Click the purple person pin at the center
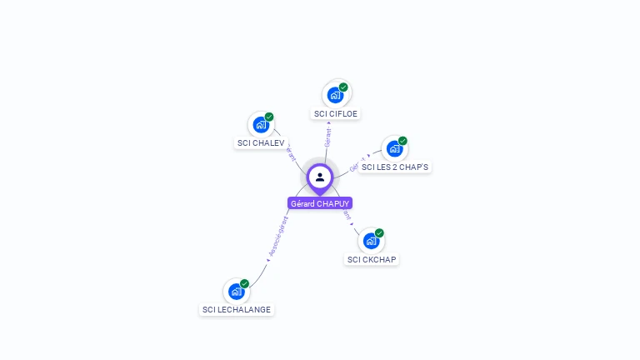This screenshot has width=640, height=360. [x=320, y=177]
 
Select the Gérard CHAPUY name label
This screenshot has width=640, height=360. [x=320, y=203]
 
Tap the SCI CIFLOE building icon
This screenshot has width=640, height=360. [x=335, y=95]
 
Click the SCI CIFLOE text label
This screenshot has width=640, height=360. [x=336, y=113]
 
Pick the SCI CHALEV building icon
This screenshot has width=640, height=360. [x=261, y=125]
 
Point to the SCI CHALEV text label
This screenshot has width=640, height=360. [x=261, y=142]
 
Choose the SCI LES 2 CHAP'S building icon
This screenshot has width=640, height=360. [x=394, y=148]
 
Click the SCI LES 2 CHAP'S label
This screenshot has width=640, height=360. [x=395, y=167]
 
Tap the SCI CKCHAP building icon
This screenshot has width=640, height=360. [x=371, y=241]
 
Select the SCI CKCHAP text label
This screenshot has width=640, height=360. [x=372, y=259]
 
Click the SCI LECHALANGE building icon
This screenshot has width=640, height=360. [x=237, y=292]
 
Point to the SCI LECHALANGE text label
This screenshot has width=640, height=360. [x=237, y=310]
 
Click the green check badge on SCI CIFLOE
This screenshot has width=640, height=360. [x=343, y=87]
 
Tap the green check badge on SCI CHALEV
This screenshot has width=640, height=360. [x=269, y=117]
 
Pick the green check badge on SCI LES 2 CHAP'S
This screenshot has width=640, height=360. [x=402, y=141]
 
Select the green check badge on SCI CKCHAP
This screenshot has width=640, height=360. [x=379, y=232]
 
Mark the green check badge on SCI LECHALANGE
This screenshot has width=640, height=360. [x=244, y=283]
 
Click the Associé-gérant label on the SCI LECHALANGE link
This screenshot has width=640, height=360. [x=277, y=237]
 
